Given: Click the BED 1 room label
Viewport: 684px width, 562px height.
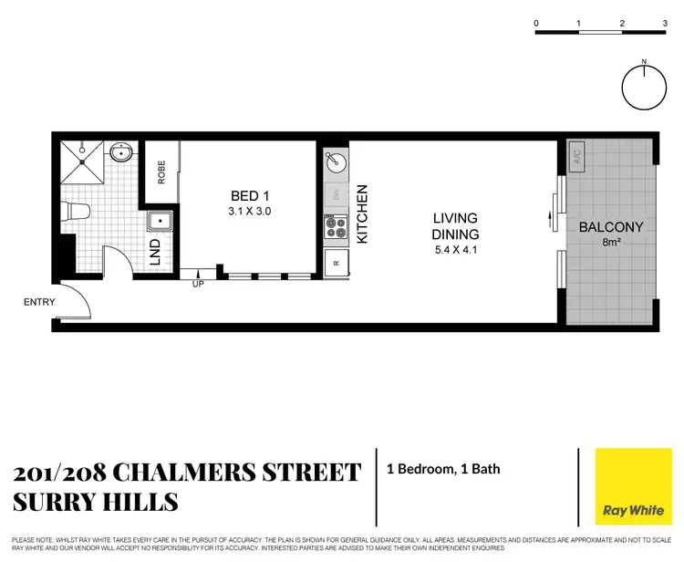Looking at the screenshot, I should [249, 195].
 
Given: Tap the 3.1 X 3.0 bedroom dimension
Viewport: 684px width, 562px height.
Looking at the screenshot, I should [249, 211].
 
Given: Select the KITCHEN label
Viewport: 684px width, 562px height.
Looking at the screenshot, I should [361, 213].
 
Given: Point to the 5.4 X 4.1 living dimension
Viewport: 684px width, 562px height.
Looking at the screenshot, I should [454, 248].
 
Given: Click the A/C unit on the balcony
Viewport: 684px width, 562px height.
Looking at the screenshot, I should [577, 156].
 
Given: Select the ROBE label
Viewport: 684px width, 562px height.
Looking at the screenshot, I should [161, 172].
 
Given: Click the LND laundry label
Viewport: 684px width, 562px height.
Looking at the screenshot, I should [155, 249].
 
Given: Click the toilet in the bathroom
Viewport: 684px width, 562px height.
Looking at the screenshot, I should [77, 212].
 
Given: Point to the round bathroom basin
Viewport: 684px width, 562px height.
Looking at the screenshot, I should [119, 153].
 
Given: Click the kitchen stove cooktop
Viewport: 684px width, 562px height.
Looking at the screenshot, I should [336, 226].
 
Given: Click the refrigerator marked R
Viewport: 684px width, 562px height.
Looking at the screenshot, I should [335, 263].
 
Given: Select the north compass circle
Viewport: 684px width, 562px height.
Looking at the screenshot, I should [644, 87].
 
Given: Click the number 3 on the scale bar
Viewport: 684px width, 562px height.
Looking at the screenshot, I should [665, 23].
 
